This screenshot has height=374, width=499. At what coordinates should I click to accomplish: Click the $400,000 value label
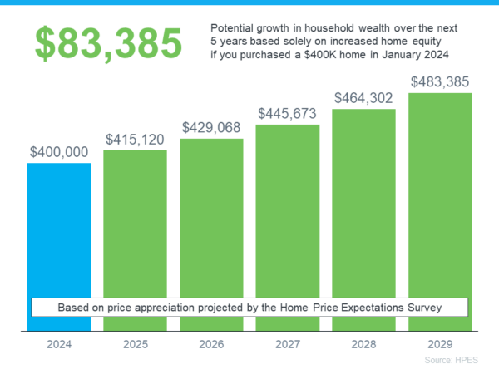point(59,153)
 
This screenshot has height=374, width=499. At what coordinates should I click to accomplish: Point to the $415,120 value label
point(135,140)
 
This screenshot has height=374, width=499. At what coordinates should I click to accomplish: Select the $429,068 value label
point(211,128)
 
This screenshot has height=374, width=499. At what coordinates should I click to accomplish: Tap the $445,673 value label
point(288,113)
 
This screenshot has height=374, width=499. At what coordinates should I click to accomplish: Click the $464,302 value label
point(363,98)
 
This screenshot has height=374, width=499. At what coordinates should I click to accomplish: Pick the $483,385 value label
point(440,82)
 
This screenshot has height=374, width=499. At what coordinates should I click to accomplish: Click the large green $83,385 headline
point(108,44)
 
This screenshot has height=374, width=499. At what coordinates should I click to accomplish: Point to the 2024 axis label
point(58,343)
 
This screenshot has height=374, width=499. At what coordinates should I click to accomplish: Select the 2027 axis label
point(287,343)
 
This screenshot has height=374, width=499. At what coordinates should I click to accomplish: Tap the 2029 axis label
point(440,343)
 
